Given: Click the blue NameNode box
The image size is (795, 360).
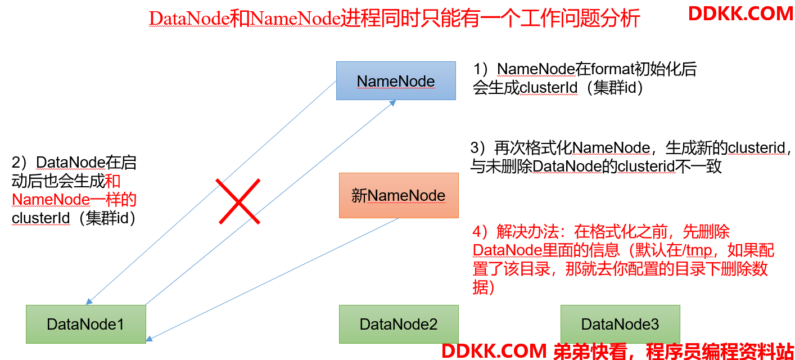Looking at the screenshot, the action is [396, 80].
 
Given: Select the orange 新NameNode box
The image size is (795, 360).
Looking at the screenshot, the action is [399, 195].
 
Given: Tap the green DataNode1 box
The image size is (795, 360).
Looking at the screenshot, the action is [86, 324].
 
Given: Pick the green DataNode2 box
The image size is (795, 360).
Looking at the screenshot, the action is [399, 324].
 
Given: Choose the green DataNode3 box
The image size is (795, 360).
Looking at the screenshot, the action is [620, 324].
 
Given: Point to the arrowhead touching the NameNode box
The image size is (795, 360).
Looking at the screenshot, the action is [392, 103].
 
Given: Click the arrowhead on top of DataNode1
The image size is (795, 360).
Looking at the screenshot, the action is [89, 301].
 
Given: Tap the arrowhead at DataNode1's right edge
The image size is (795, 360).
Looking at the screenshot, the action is [150, 338].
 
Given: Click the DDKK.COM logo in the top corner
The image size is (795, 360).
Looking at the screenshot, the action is [740, 14].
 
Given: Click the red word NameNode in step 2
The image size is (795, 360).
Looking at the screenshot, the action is [51, 199].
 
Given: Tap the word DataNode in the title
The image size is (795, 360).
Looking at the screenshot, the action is [189, 18].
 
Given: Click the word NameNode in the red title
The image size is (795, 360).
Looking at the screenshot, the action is [295, 18].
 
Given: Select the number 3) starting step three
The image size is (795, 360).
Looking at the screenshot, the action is [478, 148].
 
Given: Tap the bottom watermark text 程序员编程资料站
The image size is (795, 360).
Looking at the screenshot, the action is [720, 351].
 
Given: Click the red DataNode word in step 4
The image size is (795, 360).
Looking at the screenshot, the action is [507, 250].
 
